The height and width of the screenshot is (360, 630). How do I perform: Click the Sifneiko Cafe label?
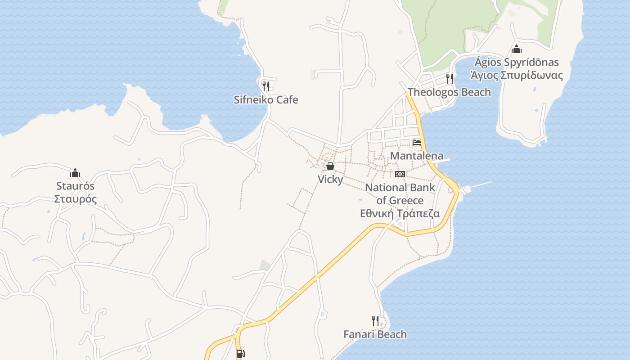[x=266, y=99]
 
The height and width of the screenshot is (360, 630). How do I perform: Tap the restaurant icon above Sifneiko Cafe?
[x=266, y=86]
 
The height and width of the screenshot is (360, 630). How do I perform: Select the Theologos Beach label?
[x=449, y=92]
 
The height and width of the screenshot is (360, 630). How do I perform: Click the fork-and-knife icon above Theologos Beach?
[x=449, y=79]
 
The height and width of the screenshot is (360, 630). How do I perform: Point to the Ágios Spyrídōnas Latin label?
[x=516, y=62]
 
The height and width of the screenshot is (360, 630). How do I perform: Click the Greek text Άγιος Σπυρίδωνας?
[x=516, y=75]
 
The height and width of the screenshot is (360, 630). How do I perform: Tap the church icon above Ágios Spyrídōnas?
[x=516, y=49]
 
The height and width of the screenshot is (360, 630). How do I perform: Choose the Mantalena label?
[x=417, y=156]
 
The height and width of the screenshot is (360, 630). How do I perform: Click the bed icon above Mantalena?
[x=417, y=143]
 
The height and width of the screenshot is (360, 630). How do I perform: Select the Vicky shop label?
[x=330, y=179]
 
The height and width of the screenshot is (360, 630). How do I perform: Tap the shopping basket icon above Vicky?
[x=330, y=166]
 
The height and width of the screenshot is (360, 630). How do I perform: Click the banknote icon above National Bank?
[x=400, y=174]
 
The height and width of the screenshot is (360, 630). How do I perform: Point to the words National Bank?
[x=400, y=187]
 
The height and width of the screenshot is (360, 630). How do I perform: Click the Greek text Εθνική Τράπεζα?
[x=400, y=213]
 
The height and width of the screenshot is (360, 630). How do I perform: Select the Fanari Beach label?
[x=375, y=334]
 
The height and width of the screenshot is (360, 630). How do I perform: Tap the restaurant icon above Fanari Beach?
[x=375, y=321]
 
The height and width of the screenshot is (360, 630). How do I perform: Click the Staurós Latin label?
[x=75, y=186]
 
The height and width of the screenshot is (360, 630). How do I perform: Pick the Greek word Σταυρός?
[x=75, y=199]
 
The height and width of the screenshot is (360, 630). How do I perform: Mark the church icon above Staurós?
[x=75, y=173]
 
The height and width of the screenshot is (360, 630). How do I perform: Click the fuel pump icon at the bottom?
[x=240, y=354]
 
